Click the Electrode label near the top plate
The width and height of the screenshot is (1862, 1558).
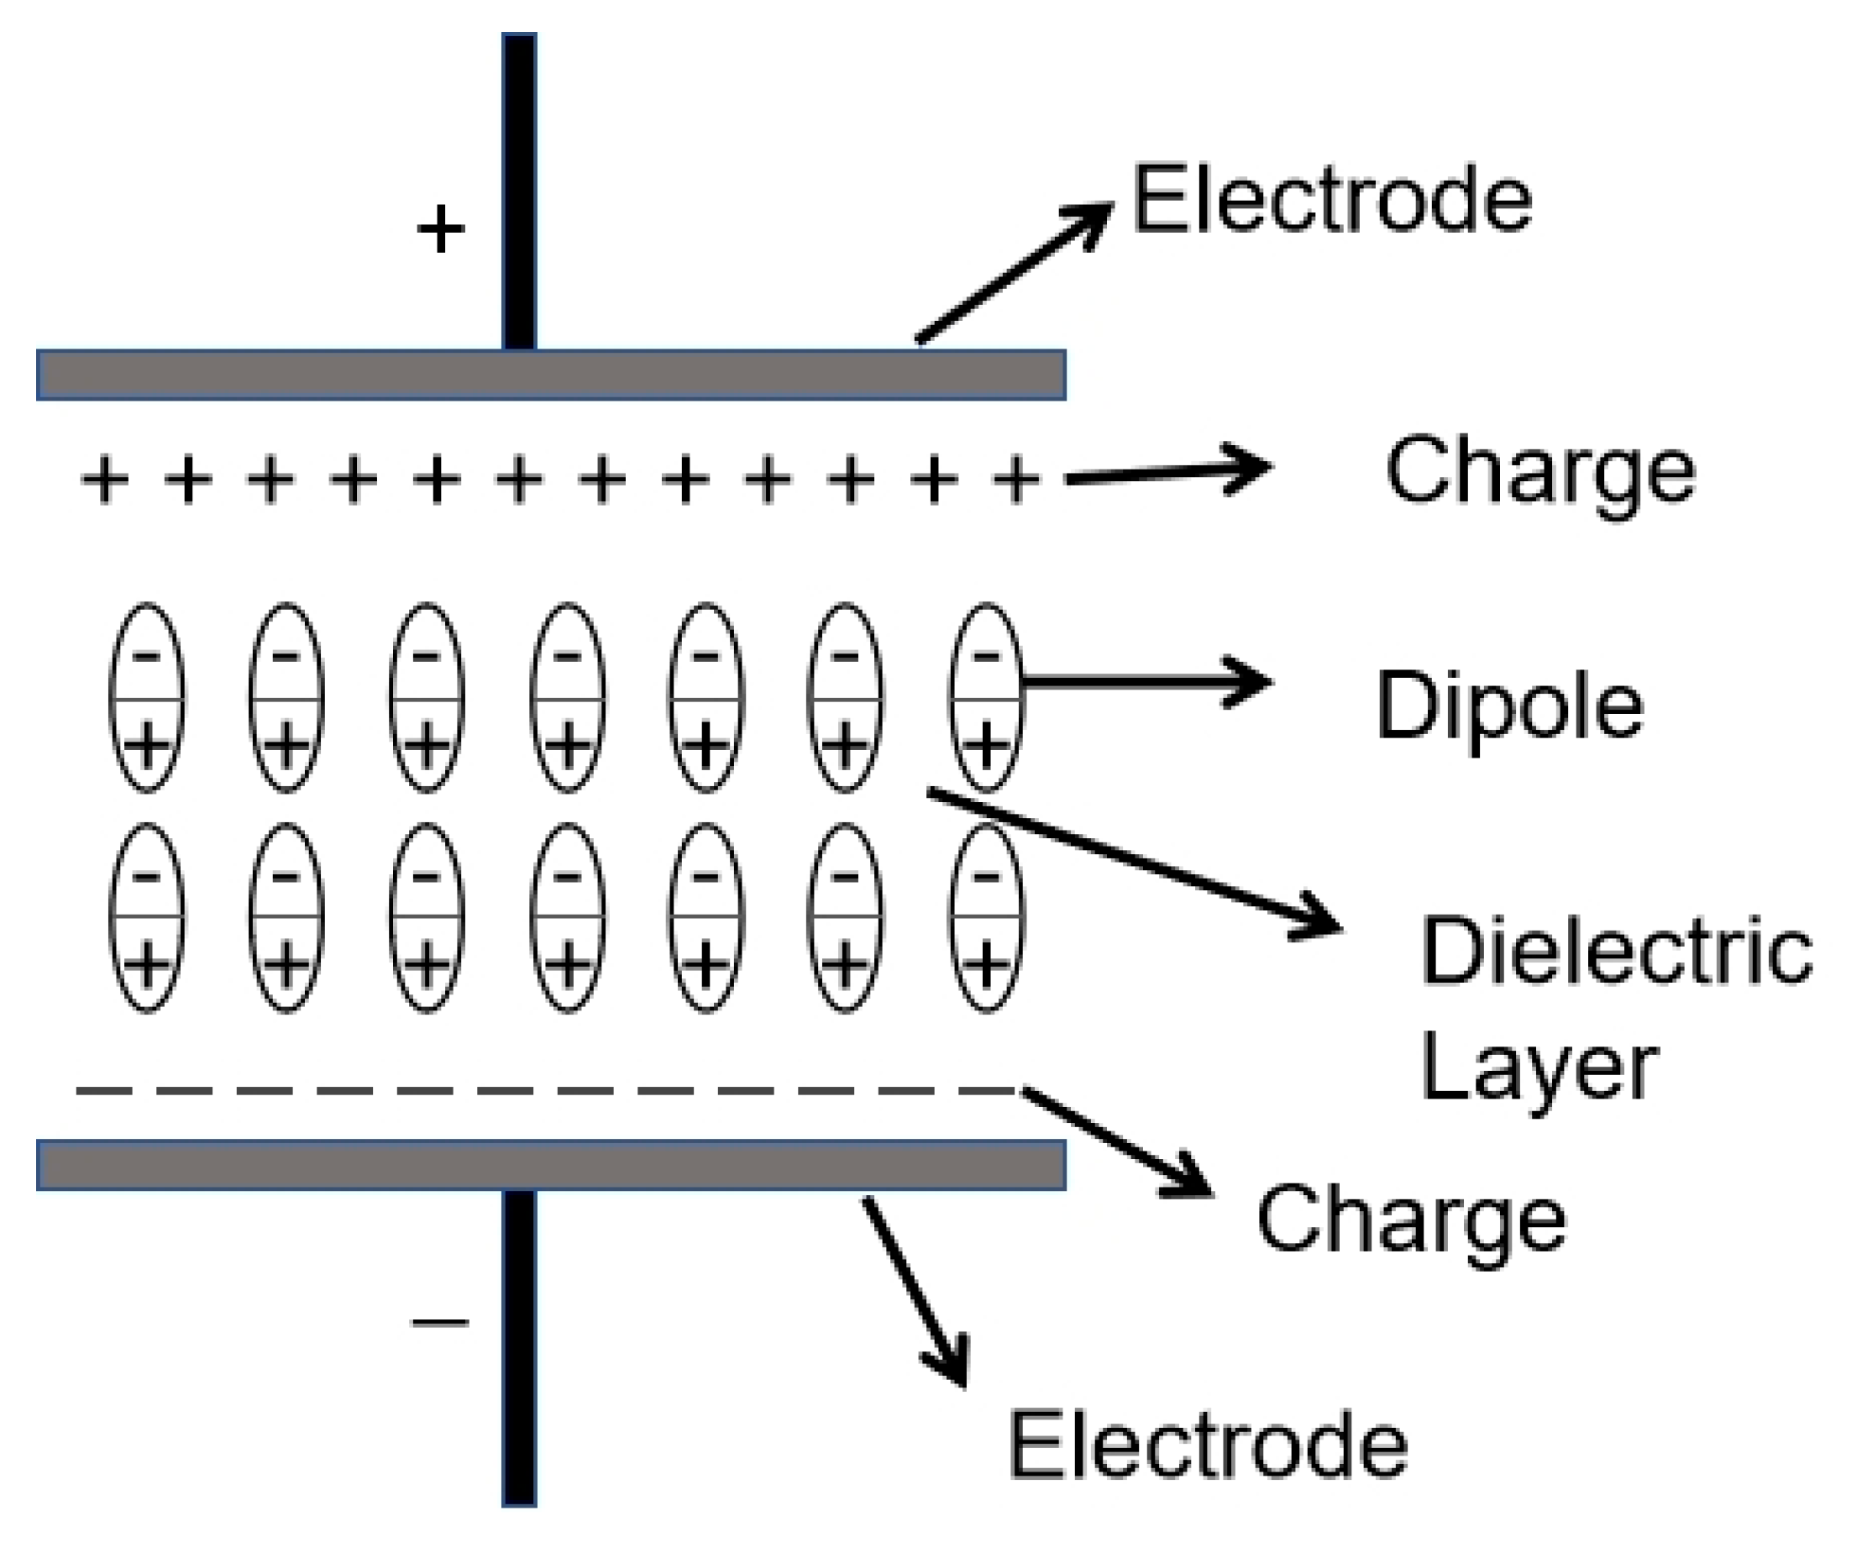[1332, 201]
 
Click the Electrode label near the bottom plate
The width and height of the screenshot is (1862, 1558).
[1208, 1446]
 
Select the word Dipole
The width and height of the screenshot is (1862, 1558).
[1510, 706]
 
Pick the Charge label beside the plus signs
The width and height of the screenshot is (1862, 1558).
[1540, 473]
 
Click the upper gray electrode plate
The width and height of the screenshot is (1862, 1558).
[551, 375]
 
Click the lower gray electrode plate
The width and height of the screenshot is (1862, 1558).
[551, 1165]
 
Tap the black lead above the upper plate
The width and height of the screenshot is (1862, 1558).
[519, 191]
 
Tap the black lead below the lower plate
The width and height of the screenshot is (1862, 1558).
[519, 1348]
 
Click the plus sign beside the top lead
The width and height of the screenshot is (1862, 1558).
[441, 229]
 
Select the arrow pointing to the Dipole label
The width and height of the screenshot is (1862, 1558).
[1144, 682]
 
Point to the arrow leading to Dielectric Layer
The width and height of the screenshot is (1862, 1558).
[1135, 860]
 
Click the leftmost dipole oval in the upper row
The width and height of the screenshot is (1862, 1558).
[147, 698]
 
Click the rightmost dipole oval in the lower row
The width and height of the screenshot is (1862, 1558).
[986, 919]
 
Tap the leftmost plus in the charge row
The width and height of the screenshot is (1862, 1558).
[106, 480]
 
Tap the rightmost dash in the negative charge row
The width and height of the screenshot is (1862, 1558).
[986, 1091]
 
